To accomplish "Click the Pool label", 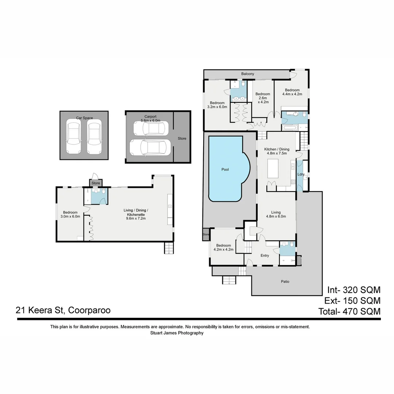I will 225,170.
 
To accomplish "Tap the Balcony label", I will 247,74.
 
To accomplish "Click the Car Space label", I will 84,118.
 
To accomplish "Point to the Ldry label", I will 301,174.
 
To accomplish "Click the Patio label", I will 285,282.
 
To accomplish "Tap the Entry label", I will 264,255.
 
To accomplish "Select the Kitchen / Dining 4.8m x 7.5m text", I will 277,151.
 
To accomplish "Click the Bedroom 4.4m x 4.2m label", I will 292,92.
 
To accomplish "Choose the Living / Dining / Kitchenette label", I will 136,214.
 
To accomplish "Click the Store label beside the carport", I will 182,139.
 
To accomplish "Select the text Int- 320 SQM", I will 354,290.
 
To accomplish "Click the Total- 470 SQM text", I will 349,312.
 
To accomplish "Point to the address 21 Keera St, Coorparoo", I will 63,310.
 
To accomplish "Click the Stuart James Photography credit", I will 177,333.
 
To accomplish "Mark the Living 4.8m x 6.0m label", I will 276,215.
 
